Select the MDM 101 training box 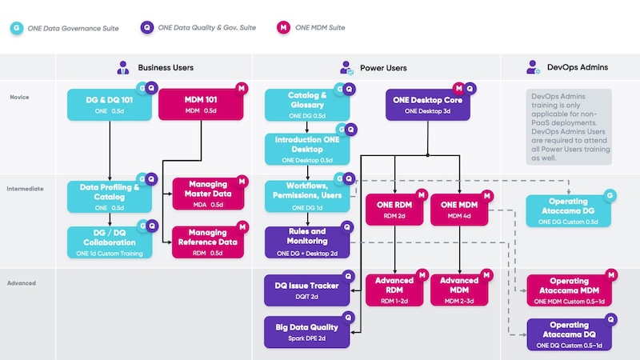tap(201, 104)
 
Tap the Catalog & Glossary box tap(307, 104)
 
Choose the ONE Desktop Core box tap(427, 104)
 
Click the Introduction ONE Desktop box tap(307, 148)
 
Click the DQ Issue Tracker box tap(307, 290)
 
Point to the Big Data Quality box tap(307, 331)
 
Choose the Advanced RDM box tap(394, 290)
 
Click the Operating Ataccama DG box tap(569, 206)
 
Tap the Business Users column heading tap(165, 68)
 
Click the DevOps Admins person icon tap(533, 68)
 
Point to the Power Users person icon tap(347, 68)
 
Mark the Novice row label tap(20, 96)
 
